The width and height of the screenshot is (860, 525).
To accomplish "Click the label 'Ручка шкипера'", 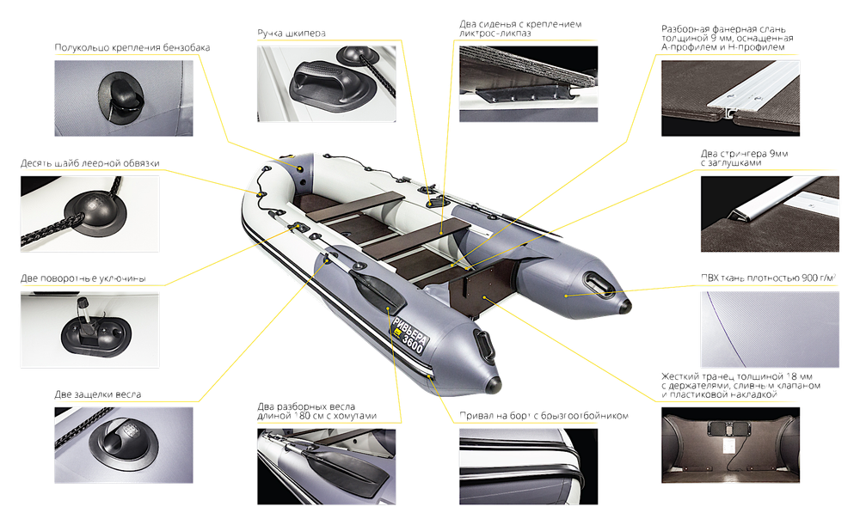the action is point(292,33).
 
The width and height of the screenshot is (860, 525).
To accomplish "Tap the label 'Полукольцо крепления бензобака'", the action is point(132,47).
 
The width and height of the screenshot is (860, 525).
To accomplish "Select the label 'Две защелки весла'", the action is point(98,394).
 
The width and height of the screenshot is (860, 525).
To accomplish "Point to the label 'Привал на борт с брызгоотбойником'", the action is point(544,415).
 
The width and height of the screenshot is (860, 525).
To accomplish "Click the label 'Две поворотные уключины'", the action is point(83,278).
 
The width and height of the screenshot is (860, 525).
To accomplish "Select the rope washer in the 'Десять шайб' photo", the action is point(95,211).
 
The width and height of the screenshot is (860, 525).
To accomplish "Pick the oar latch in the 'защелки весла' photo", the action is point(123,440).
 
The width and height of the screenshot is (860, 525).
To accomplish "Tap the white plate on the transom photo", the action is point(729,445).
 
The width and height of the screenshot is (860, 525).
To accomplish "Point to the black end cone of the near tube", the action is point(493,384).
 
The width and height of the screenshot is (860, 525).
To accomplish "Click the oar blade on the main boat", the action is point(378,290).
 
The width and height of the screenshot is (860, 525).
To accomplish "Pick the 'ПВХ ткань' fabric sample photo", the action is point(770,329).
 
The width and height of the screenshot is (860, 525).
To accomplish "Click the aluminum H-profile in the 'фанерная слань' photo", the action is point(752,89).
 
